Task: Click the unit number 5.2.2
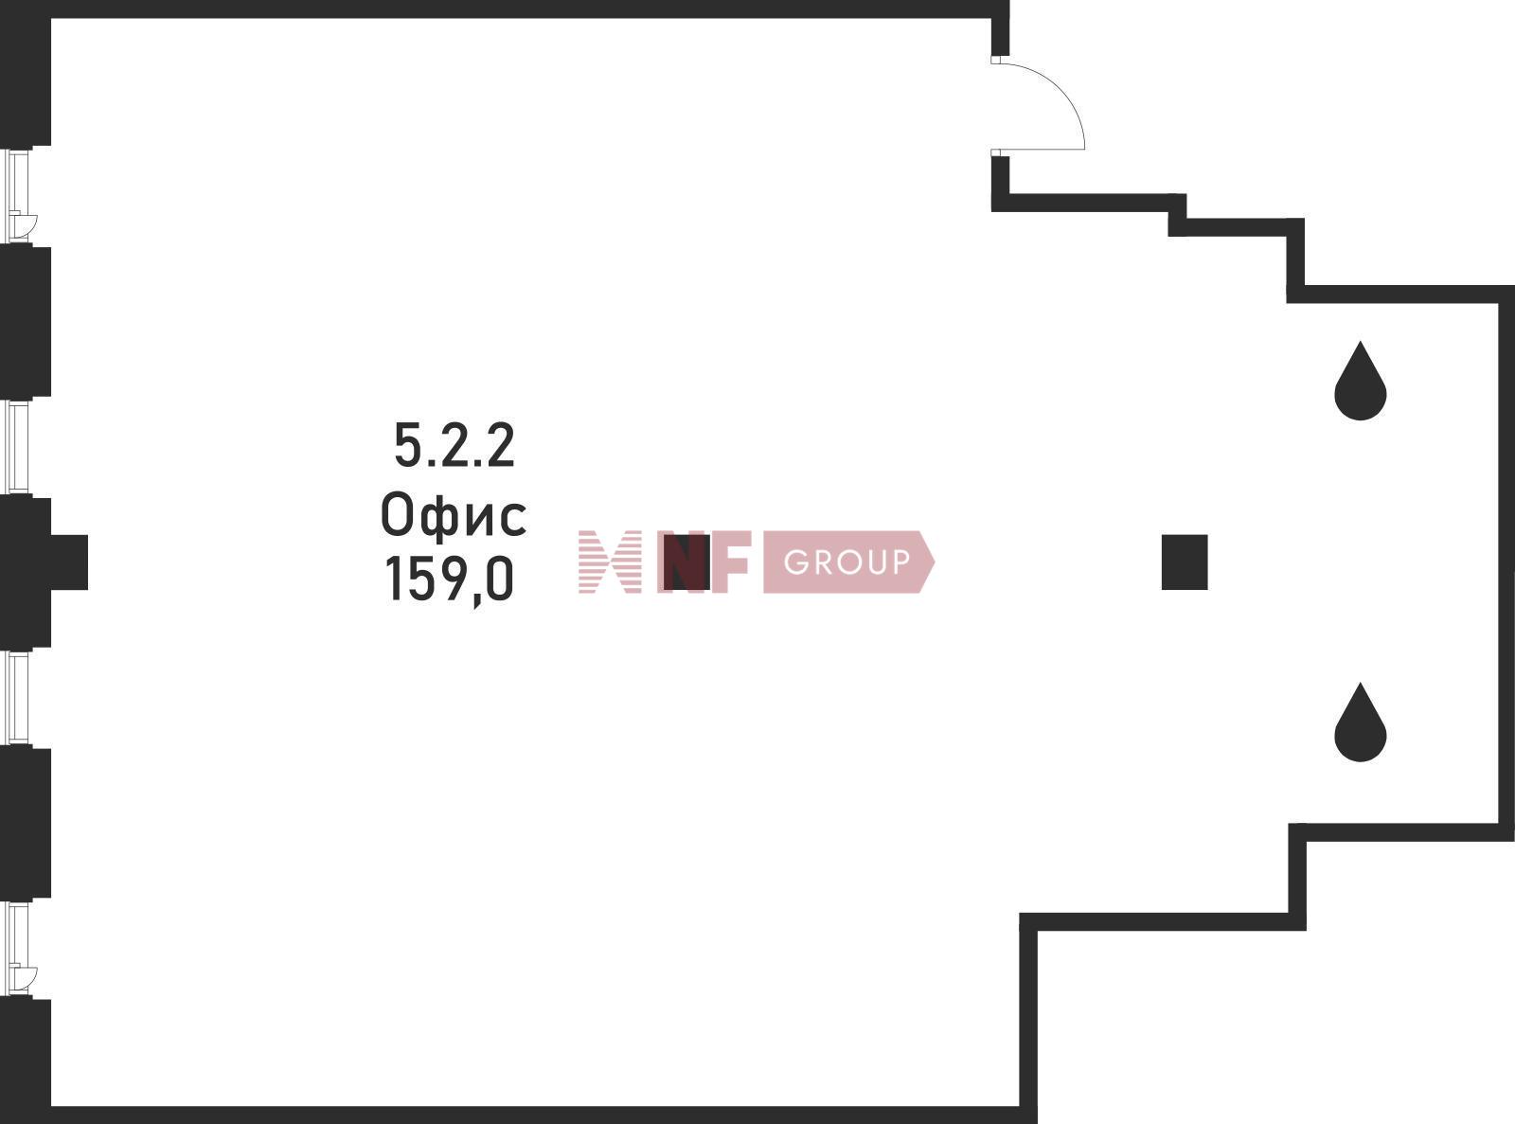point(454,445)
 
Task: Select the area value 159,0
point(449,580)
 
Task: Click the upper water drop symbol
point(1361,382)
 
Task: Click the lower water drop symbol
point(1361,723)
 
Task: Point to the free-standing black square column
point(1185,562)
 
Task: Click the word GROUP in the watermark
point(847,562)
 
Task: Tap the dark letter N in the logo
point(686,562)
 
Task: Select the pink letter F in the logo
point(731,562)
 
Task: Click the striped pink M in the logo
point(610,562)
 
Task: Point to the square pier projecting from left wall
point(69,562)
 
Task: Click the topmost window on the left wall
point(18,196)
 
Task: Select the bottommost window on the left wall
point(18,949)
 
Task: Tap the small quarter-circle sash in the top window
point(27,225)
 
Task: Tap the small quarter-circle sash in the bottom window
point(27,978)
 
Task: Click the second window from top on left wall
point(18,447)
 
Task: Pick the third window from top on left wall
point(18,698)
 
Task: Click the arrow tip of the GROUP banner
point(935,562)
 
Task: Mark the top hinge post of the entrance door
point(995,60)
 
